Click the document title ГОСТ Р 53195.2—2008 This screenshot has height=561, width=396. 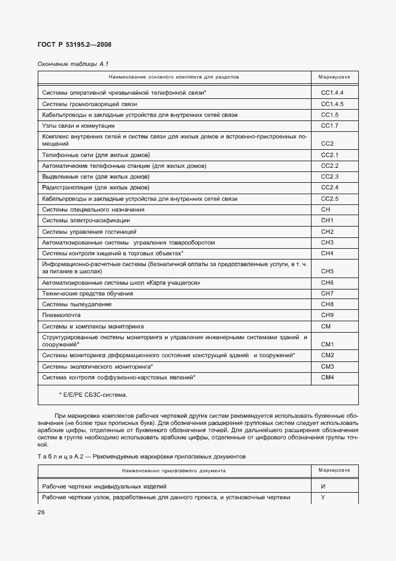[x=75, y=44]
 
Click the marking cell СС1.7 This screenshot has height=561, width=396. [x=330, y=126]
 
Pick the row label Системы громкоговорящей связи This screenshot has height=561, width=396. [x=86, y=104]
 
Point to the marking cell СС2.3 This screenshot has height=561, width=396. [x=330, y=176]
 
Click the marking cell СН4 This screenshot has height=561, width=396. [x=327, y=254]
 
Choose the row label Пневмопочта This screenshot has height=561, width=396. [x=61, y=315]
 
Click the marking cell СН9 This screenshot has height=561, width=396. [x=327, y=315]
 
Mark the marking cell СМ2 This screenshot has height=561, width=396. [x=327, y=355]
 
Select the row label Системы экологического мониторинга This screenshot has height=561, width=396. [x=97, y=366]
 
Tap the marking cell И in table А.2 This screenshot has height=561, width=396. [x=323, y=486]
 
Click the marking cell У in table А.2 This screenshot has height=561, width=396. [x=323, y=497]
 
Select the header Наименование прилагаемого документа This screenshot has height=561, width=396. [x=174, y=470]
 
